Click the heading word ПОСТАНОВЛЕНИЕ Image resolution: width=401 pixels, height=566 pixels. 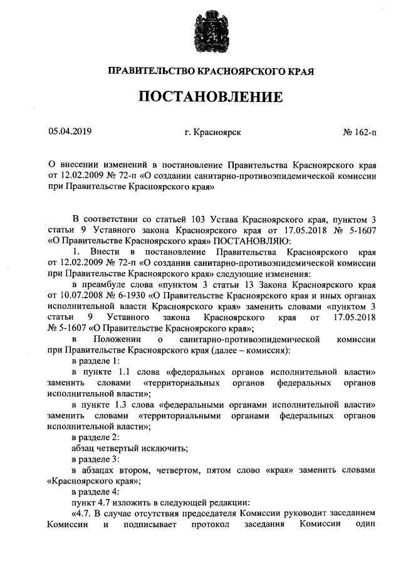point(200,97)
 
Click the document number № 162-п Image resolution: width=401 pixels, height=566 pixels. point(360,132)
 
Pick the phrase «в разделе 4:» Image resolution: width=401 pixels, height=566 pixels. point(95,492)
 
